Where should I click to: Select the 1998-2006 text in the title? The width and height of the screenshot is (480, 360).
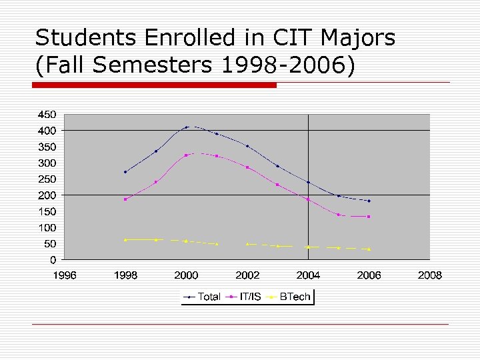click(286, 67)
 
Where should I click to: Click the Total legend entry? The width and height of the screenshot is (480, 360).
click(209, 297)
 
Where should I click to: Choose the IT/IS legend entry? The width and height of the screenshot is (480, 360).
click(250, 297)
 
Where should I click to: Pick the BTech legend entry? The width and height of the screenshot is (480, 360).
click(293, 297)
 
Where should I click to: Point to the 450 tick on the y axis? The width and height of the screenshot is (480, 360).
click(47, 114)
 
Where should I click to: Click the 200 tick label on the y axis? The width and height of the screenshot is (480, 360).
click(47, 195)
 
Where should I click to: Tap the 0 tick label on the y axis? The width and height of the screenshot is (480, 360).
click(53, 260)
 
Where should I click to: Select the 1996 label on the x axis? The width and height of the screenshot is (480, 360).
click(65, 275)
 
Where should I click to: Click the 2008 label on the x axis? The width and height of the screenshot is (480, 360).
click(430, 275)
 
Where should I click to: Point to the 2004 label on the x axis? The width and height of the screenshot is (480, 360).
click(308, 275)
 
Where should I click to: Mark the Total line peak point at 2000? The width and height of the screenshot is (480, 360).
click(187, 127)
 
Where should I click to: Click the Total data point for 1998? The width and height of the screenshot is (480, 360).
click(125, 172)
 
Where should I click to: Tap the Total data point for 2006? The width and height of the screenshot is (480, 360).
click(369, 201)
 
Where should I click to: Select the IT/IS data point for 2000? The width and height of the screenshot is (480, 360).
click(187, 155)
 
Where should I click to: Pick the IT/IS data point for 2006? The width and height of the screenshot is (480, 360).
click(369, 217)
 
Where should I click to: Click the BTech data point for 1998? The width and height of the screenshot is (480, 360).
click(125, 240)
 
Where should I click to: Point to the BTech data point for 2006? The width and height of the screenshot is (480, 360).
click(369, 249)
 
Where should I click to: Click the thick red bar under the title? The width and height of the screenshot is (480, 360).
click(155, 85)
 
